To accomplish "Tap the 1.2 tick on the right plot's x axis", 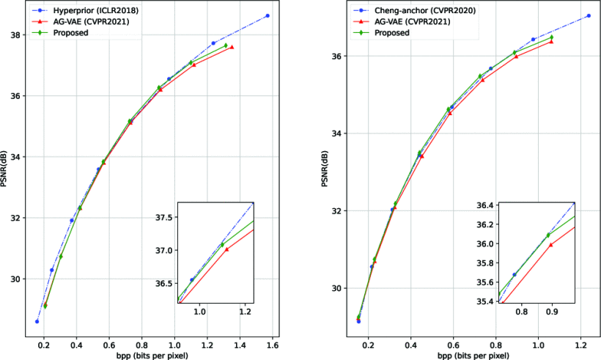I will coord(581,342).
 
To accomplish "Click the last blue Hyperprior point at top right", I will coord(268,15).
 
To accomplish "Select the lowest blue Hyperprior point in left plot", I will coord(37,321).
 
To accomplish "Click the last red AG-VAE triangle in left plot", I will coord(232,47).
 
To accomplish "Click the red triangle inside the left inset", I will coord(226,249).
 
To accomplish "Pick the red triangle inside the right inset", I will coord(550,244).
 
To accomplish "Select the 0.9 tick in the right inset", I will coord(552,312).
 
